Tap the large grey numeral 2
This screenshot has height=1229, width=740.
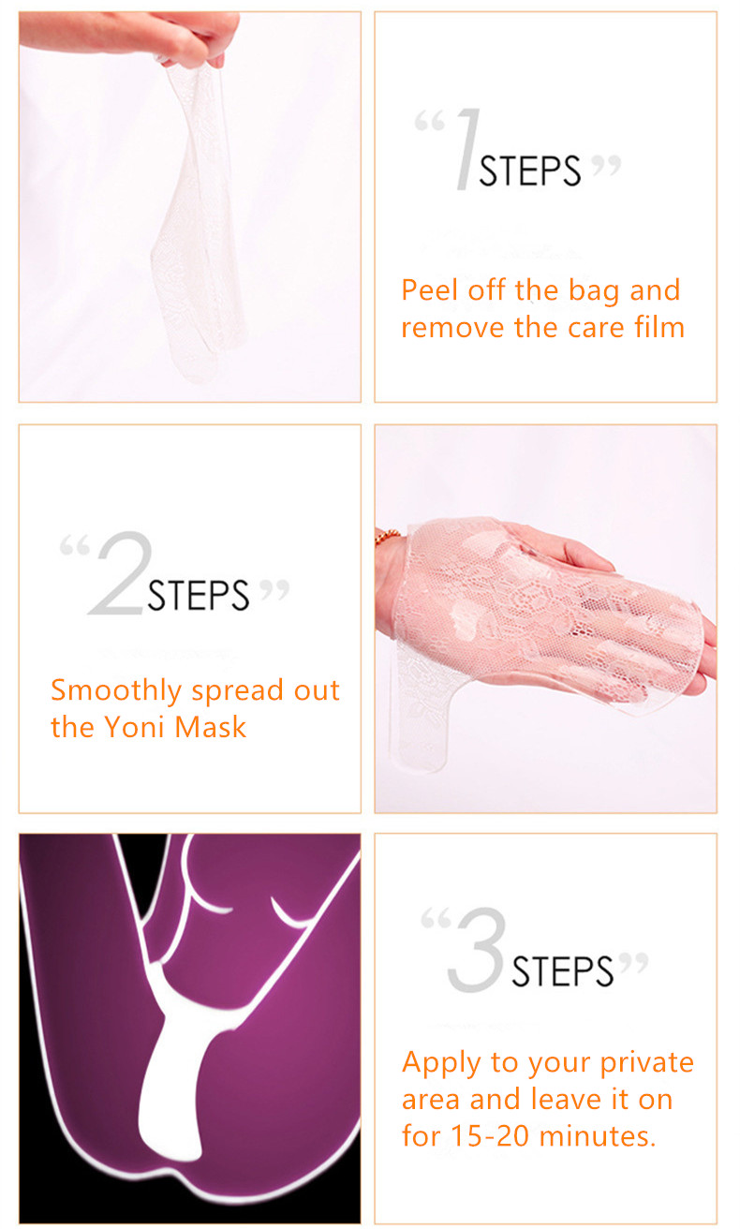click(x=117, y=574)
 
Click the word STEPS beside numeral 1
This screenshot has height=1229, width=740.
click(x=530, y=171)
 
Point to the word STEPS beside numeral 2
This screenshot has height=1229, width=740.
click(x=199, y=596)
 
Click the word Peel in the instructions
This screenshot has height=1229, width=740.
click(x=431, y=290)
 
